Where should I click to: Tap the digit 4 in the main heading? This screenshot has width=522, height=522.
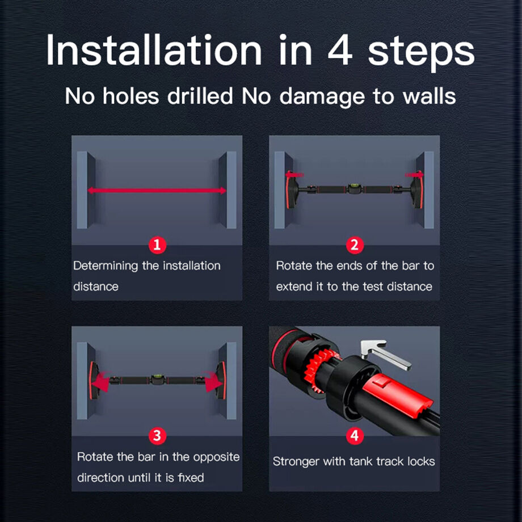pyautogui.click(x=340, y=50)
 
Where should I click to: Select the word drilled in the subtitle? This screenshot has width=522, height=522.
pyautogui.click(x=200, y=96)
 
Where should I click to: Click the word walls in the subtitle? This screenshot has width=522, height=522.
pyautogui.click(x=429, y=96)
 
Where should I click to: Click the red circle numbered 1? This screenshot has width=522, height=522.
pyautogui.click(x=157, y=245)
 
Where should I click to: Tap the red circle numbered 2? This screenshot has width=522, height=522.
pyautogui.click(x=355, y=245)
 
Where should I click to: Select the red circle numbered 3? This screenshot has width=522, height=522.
pyautogui.click(x=157, y=436)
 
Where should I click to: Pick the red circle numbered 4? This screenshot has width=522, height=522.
pyautogui.click(x=355, y=436)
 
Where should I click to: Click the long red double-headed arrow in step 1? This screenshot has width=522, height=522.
pyautogui.click(x=157, y=191)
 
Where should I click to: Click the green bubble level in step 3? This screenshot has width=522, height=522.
pyautogui.click(x=157, y=378)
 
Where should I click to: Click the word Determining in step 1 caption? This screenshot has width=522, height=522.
pyautogui.click(x=106, y=266)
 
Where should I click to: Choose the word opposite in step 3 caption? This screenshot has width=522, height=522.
pyautogui.click(x=216, y=457)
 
